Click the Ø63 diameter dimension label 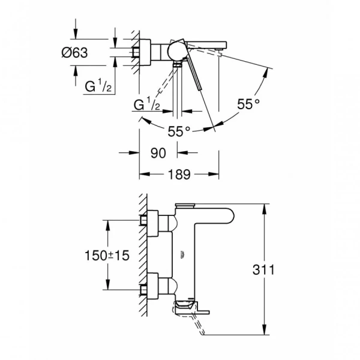74,53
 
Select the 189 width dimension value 179,174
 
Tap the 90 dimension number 158,153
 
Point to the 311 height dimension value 263,269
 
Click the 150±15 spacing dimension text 107,256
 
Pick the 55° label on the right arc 248,104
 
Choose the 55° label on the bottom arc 179,131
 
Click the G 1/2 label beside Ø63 98,85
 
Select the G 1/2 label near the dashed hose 147,104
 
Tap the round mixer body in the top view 176,51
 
